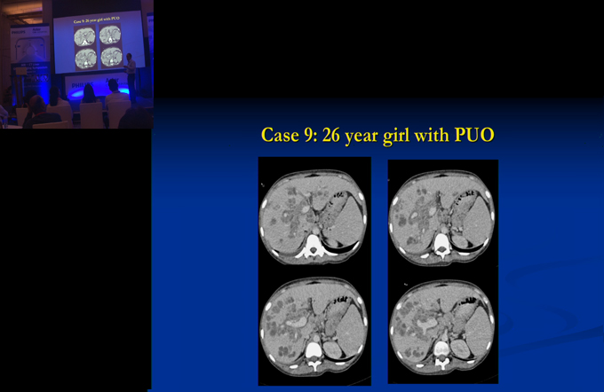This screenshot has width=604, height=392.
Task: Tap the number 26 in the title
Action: [x=331, y=135]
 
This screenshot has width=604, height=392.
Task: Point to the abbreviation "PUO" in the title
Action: [x=474, y=135]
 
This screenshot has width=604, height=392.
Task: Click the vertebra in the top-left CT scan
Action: [x=314, y=247]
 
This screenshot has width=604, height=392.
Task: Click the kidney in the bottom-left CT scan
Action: [x=332, y=349]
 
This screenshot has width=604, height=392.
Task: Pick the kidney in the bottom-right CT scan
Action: [x=461, y=349]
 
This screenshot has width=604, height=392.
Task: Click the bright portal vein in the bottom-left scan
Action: [x=296, y=322]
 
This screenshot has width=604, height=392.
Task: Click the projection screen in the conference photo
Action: [x=99, y=42]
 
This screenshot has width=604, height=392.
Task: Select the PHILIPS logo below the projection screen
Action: [x=80, y=84]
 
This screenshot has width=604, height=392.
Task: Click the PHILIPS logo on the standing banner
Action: [x=18, y=32]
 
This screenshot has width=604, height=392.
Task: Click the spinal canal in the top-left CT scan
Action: [x=314, y=250]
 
